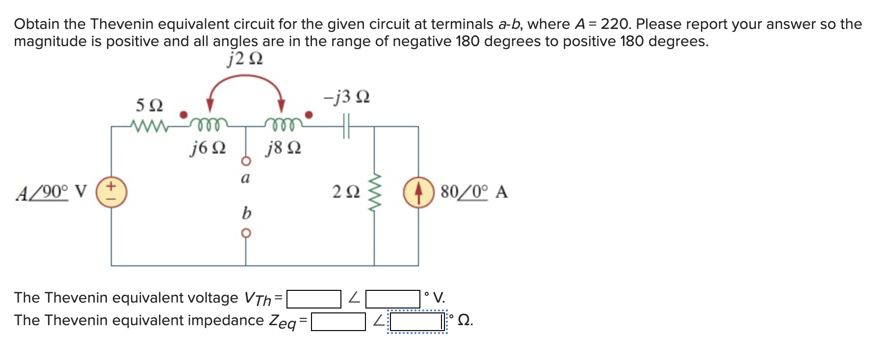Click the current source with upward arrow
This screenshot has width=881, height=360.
click(x=418, y=192)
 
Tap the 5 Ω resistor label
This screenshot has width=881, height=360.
click(x=149, y=105)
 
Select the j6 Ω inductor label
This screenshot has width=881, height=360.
click(x=208, y=148)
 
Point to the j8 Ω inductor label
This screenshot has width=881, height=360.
click(x=283, y=148)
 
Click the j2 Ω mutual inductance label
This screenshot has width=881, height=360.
click(x=245, y=59)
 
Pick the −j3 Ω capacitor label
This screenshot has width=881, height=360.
click(x=346, y=97)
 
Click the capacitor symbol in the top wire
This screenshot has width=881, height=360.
click(x=347, y=127)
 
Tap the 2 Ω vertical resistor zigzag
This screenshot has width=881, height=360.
click(x=374, y=192)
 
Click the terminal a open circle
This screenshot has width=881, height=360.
click(x=246, y=161)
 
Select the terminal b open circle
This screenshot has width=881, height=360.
click(x=246, y=233)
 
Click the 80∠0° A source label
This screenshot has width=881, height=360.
click(x=474, y=192)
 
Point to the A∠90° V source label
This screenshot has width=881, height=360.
click(x=52, y=192)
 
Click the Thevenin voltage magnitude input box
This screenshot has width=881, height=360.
click(x=313, y=299)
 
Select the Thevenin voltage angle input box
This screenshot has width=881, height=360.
click(x=393, y=299)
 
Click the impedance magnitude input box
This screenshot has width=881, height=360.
click(x=338, y=322)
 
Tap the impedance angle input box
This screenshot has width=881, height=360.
click(x=417, y=322)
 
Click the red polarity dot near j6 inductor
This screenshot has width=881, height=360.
click(x=183, y=115)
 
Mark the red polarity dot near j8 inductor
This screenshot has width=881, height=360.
click(x=309, y=115)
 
